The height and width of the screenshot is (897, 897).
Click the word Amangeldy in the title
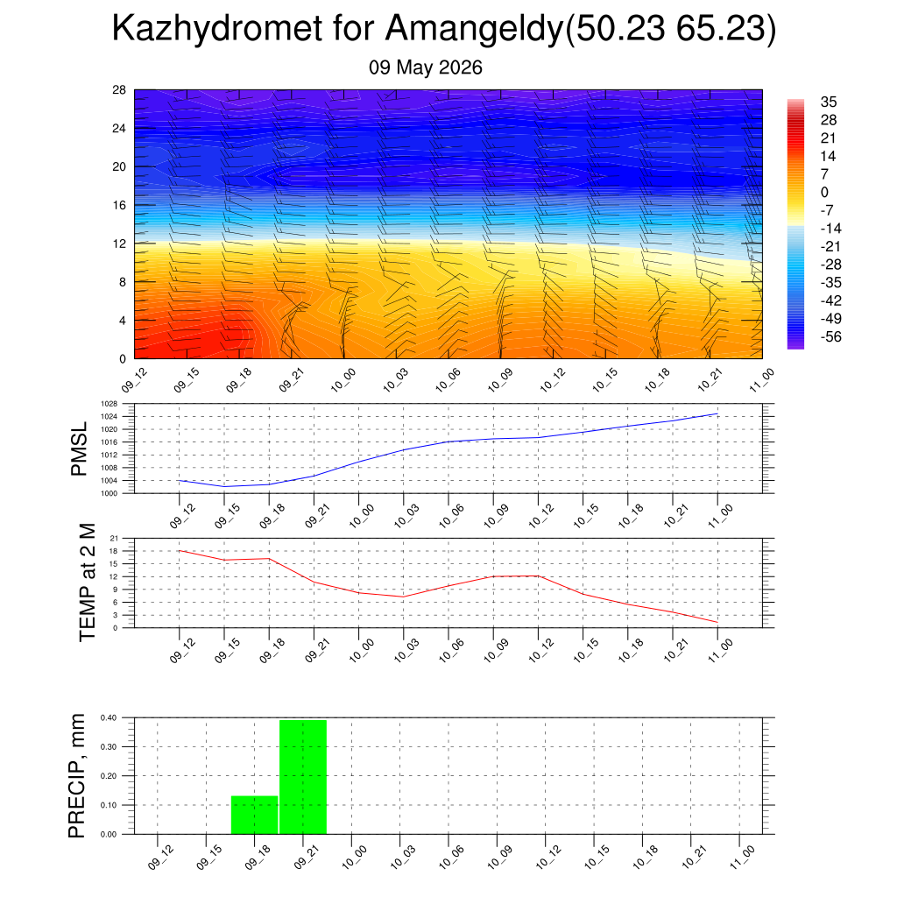(476, 29)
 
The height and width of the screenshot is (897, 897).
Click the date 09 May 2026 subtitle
(425, 67)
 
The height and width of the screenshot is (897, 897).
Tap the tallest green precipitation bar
(303, 777)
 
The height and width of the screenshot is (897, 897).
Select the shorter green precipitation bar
(255, 815)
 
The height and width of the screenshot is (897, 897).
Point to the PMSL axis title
(78, 449)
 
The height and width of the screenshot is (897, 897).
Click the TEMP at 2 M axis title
(87, 583)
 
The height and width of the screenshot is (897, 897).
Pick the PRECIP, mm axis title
(76, 776)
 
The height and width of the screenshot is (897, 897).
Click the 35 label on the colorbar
(829, 102)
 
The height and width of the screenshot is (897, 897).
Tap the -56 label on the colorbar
(830, 336)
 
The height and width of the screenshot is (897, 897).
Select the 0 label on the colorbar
(824, 192)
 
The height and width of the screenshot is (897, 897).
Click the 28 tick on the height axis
(119, 90)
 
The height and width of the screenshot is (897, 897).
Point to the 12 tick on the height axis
(119, 244)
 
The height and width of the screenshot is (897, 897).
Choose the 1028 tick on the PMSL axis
(109, 404)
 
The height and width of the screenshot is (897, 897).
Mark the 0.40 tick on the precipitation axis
(109, 718)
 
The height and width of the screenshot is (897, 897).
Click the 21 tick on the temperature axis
(114, 539)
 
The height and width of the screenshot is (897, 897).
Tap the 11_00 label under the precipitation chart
(742, 858)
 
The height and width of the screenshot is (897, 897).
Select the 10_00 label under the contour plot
(343, 380)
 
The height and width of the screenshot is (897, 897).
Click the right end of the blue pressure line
(717, 413)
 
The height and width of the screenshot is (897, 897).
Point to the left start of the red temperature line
(180, 551)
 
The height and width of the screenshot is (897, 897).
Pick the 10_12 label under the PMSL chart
(540, 515)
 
